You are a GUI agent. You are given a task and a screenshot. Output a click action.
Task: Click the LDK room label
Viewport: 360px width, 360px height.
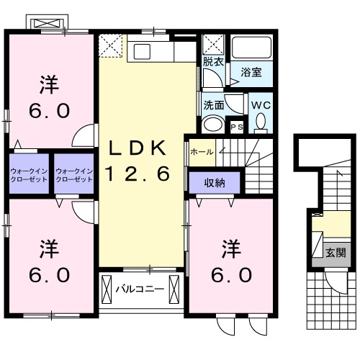[139, 148]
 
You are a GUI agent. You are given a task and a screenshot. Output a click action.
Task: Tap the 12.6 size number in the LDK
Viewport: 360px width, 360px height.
[139, 173]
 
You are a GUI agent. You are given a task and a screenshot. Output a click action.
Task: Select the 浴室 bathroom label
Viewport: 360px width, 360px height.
[251, 73]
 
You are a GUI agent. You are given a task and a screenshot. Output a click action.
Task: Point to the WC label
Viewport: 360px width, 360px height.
[260, 104]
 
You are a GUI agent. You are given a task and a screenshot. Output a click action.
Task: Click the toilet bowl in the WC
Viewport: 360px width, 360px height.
[260, 123]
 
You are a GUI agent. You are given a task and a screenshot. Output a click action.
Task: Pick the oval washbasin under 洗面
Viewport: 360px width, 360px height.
[213, 125]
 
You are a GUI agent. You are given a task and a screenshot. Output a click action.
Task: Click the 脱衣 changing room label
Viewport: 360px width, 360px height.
[212, 63]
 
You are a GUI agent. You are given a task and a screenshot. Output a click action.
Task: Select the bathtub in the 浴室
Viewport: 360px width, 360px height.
[251, 49]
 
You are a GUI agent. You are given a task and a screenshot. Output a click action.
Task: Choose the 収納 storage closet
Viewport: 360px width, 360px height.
[213, 181]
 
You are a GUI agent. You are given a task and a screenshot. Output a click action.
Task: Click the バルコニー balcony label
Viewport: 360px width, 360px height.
[140, 290]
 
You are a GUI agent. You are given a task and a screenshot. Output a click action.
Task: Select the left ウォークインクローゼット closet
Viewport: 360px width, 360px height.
[29, 174]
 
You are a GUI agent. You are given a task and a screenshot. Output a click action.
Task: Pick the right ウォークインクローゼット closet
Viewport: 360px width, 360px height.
[74, 174]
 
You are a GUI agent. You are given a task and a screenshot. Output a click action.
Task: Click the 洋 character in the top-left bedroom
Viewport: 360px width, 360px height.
[48, 85]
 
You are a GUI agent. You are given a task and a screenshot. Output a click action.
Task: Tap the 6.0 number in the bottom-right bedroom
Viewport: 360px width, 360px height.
[230, 274]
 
